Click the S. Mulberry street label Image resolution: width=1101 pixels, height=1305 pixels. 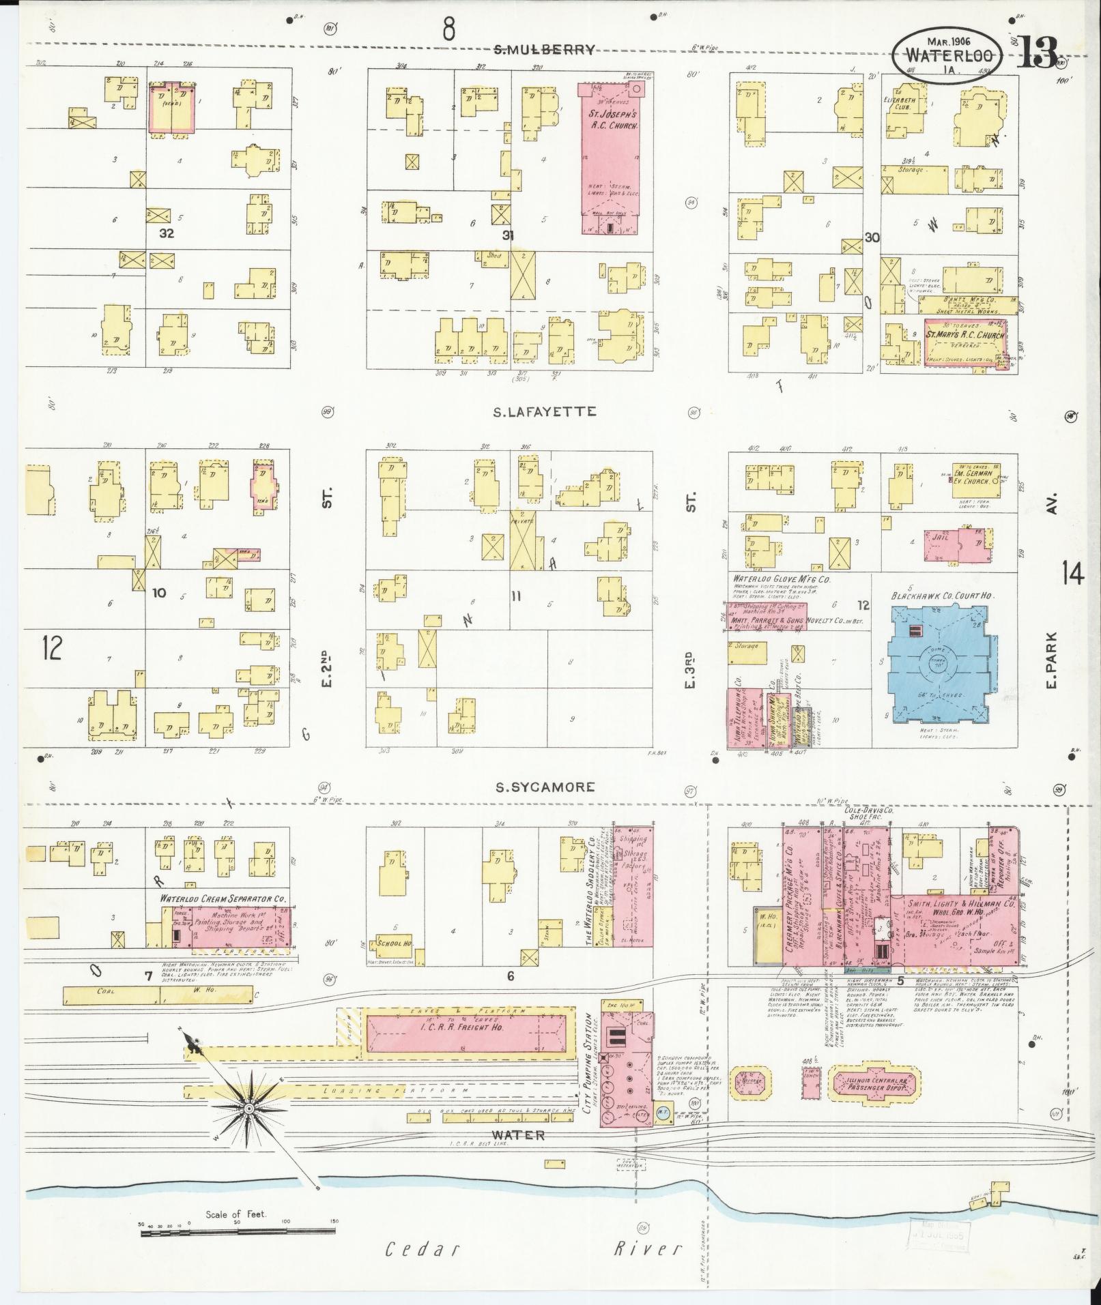click(x=545, y=49)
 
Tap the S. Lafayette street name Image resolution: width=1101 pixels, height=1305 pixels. click(x=545, y=411)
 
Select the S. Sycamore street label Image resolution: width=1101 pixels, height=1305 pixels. click(x=545, y=787)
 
